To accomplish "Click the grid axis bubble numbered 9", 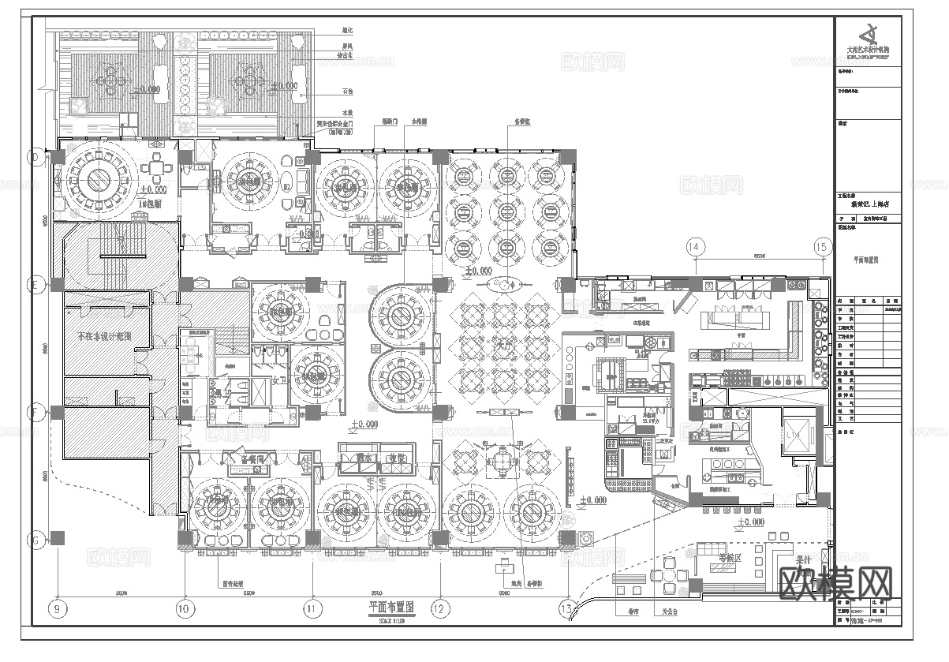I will [x=57, y=608].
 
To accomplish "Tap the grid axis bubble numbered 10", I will [x=185, y=608].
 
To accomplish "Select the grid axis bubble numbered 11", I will [x=312, y=608].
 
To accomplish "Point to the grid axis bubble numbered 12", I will [x=440, y=608].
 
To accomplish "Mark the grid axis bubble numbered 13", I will [x=566, y=608].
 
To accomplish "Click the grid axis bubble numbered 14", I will [x=694, y=247].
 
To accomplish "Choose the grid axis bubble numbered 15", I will [x=822, y=247].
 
